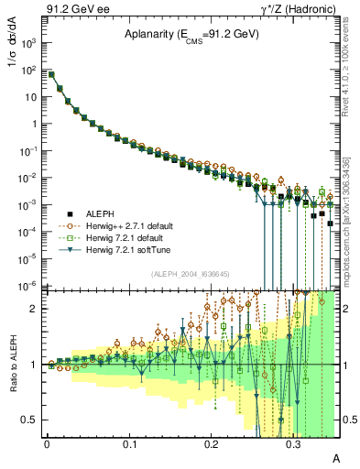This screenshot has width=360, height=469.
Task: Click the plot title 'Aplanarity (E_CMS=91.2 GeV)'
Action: click(191, 34)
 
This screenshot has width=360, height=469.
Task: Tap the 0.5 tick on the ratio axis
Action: click(31, 420)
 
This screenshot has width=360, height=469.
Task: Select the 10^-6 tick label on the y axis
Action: click(28, 286)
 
